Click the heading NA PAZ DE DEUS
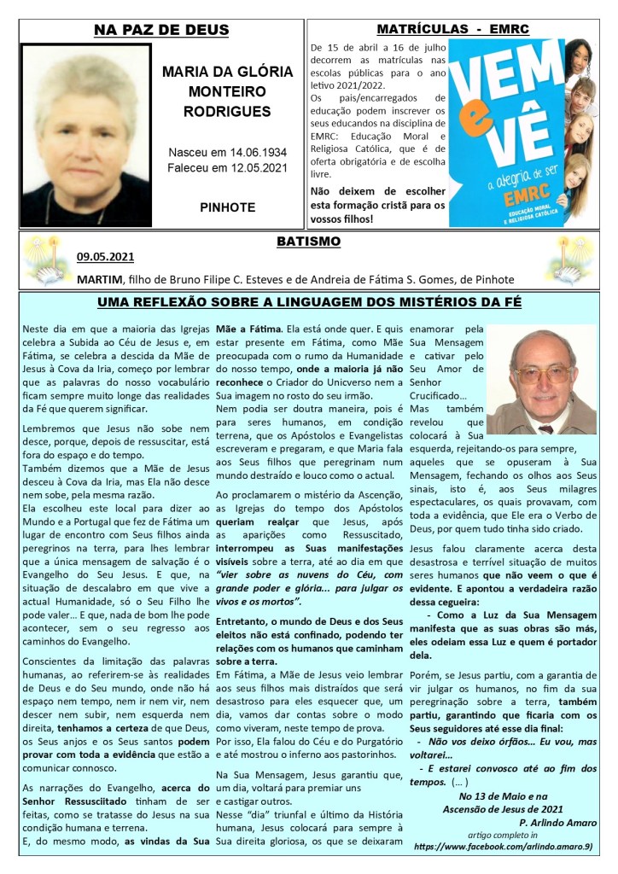pos(161,31)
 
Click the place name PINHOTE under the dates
pos(227,207)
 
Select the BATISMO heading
pos(308,242)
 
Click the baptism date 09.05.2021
pos(105,256)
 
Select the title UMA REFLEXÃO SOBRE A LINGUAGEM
pos(308,302)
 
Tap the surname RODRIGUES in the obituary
pos(227,111)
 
